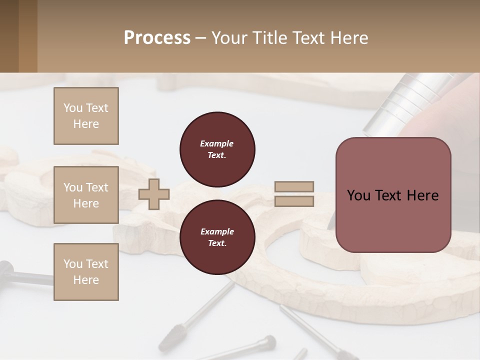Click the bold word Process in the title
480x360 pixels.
click(157, 38)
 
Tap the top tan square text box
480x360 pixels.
click(86, 116)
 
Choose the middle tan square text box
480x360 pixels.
click(86, 195)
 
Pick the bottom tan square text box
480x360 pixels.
click(86, 272)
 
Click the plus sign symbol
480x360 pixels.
click(154, 193)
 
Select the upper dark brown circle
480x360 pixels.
click(217, 149)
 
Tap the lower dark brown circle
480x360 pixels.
click(217, 237)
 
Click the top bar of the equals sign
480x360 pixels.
click(294, 186)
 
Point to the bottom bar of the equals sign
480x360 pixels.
click(294, 201)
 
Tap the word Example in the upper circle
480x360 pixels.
click(217, 143)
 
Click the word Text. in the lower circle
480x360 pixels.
click(217, 243)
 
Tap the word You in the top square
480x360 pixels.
click(72, 108)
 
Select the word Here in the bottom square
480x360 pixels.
click(86, 280)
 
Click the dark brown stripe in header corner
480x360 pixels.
click(9, 36)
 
